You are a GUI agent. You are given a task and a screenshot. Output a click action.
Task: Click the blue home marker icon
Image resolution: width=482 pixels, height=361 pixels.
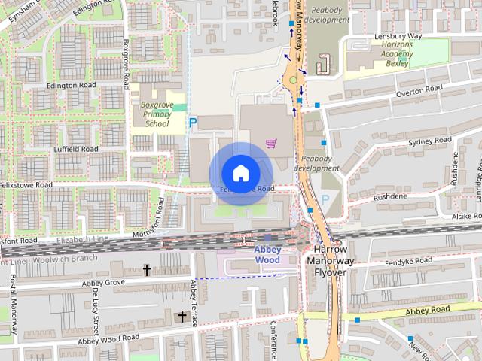(240, 173)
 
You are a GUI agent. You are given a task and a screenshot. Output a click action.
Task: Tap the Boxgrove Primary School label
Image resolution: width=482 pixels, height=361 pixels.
(157, 114)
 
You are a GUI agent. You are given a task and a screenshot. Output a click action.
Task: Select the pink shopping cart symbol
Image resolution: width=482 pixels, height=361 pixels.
(270, 143)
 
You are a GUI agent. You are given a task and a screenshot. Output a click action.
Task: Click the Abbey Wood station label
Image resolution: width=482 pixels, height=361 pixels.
(267, 255)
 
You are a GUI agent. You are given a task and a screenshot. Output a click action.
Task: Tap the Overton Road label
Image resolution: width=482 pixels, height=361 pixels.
(419, 92)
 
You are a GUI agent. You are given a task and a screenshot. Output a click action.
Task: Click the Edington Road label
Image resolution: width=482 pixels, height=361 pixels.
(72, 86)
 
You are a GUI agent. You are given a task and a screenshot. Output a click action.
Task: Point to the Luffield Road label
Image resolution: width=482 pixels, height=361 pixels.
(75, 149)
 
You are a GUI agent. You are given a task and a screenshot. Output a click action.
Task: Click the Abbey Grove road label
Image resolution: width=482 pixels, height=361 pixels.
(103, 283)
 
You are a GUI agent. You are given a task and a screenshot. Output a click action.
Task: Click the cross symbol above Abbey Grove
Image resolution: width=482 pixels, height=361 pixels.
(147, 268)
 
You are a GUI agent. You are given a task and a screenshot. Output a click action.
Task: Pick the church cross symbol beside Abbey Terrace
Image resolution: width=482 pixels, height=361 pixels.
(181, 317)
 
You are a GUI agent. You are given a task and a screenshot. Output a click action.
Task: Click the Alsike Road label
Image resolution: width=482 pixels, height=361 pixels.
(468, 215)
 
